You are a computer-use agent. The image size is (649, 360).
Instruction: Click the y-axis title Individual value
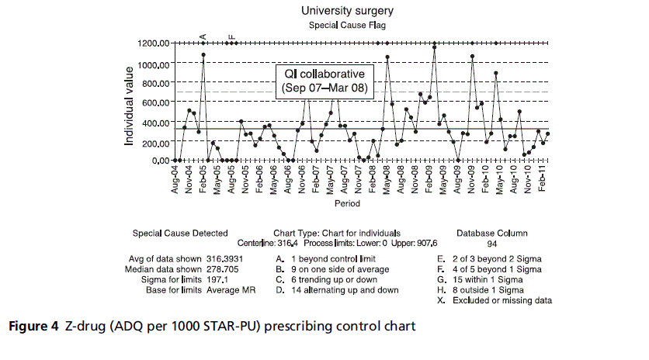click(129, 101)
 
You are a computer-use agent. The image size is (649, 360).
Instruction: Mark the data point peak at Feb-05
click(203, 55)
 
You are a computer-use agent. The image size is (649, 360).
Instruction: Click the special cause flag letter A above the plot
click(203, 36)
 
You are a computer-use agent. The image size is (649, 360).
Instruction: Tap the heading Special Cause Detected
click(180, 232)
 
